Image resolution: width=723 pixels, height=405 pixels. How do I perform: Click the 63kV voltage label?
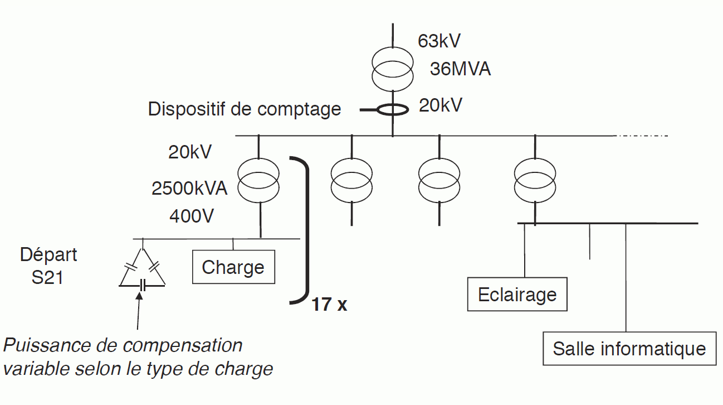click(439, 41)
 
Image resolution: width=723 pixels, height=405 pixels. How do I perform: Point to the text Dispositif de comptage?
click(244, 109)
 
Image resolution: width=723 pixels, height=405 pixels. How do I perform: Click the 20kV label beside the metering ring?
click(440, 105)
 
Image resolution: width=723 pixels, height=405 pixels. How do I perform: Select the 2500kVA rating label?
click(189, 189)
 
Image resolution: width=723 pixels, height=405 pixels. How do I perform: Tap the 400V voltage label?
click(191, 215)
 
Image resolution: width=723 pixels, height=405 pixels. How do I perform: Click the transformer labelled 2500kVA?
click(259, 179)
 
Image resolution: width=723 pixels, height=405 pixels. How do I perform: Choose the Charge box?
click(233, 267)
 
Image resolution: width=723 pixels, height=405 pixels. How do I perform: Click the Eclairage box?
click(517, 294)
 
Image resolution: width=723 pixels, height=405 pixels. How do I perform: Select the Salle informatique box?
click(629, 349)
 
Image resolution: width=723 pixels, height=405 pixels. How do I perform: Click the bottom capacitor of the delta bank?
click(143, 285)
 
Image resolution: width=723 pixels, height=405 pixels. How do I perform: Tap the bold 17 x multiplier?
click(329, 305)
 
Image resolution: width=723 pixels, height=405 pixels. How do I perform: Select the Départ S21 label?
click(48, 266)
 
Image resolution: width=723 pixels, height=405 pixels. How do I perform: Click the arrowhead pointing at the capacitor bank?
click(139, 296)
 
